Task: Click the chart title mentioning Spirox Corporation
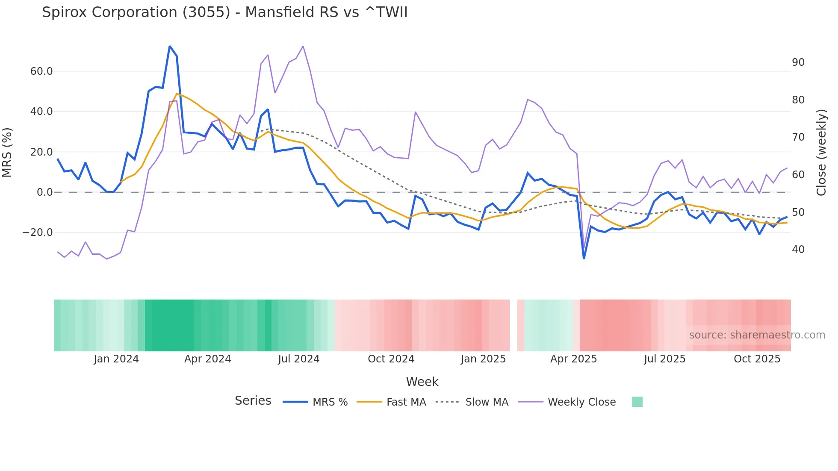click(224, 12)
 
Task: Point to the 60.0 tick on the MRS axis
click(41, 71)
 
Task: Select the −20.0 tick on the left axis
click(38, 233)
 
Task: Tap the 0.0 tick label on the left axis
click(44, 192)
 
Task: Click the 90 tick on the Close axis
click(798, 62)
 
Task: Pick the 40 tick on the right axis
click(798, 250)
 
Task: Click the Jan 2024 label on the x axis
click(116, 359)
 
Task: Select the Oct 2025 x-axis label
click(757, 359)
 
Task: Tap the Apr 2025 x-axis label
click(573, 359)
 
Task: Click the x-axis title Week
click(422, 382)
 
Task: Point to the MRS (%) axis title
click(7, 152)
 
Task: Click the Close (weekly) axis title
click(821, 152)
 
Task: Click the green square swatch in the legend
click(637, 402)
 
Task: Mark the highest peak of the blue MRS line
click(170, 46)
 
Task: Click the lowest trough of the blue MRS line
click(584, 258)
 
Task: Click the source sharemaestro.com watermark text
click(757, 335)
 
